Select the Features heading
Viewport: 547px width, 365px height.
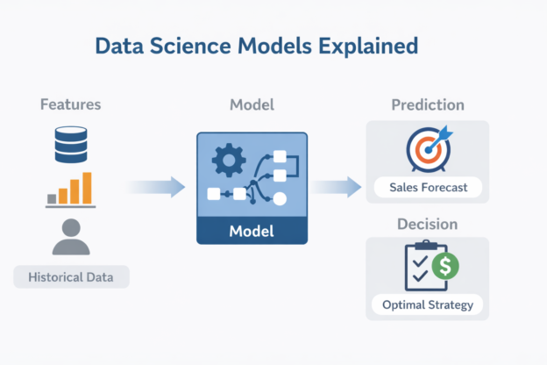(71, 104)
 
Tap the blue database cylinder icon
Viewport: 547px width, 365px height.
(71, 143)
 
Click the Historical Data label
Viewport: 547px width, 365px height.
(71, 278)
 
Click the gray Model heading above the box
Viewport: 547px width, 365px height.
(252, 104)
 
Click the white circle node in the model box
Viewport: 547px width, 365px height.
(280, 199)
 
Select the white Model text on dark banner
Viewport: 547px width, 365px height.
(252, 232)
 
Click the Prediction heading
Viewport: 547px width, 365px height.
(427, 104)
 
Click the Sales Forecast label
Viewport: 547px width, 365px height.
(428, 187)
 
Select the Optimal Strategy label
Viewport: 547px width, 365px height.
(428, 304)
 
